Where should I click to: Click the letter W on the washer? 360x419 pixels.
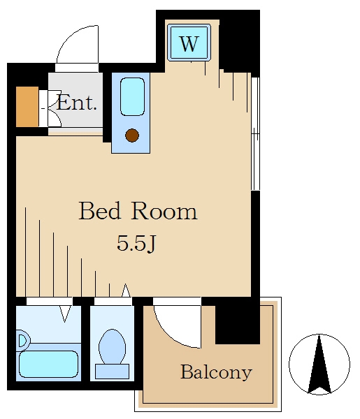tap(189, 43)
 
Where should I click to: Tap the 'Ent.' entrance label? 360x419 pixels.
tap(76, 103)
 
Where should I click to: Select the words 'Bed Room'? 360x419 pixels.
tap(138, 211)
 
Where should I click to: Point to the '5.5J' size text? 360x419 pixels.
tap(136, 244)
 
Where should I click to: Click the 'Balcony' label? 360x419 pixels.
tap(216, 372)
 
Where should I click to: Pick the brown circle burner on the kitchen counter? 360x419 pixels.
tap(132, 135)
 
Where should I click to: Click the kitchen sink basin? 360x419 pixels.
tap(132, 96)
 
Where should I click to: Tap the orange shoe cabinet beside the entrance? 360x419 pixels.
tap(27, 107)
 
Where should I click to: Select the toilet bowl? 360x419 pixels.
tap(113, 346)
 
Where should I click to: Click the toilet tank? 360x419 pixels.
tap(113, 372)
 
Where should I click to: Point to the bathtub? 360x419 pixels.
tap(48, 364)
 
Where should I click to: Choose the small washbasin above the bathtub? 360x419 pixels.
tap(23, 341)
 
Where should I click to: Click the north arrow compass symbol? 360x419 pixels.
tap(319, 364)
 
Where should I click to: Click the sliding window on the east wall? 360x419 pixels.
tap(255, 133)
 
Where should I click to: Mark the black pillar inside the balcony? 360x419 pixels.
tap(238, 325)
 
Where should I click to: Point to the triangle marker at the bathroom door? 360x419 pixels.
tap(65, 314)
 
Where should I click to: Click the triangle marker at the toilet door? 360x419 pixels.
tap(126, 291)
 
